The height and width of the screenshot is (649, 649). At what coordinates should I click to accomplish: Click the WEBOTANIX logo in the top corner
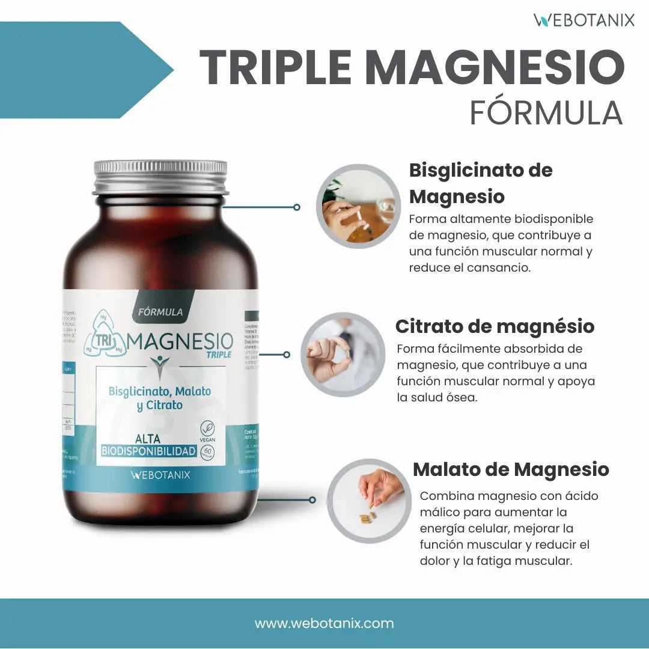[583, 20]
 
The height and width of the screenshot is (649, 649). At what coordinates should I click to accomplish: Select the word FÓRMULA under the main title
[545, 112]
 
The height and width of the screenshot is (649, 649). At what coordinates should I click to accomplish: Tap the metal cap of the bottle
[160, 177]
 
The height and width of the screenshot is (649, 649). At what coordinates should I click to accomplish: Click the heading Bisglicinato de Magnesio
[481, 183]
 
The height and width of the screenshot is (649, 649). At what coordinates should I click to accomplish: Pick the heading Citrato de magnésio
[495, 326]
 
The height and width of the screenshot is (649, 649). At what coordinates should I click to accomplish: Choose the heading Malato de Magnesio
[511, 469]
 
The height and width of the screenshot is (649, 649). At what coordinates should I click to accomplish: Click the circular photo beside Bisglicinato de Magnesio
[358, 206]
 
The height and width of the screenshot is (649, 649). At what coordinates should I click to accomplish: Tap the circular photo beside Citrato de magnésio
[343, 355]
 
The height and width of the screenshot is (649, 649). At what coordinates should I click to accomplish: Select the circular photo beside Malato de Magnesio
[369, 501]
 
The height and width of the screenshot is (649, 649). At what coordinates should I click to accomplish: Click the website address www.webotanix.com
[324, 623]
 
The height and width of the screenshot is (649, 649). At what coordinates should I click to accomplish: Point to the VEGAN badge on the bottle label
[208, 431]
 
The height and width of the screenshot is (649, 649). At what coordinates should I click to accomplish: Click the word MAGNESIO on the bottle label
[180, 343]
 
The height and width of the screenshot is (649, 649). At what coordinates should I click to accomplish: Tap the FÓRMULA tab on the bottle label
[160, 311]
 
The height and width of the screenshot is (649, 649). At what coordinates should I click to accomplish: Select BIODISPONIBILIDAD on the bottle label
[149, 451]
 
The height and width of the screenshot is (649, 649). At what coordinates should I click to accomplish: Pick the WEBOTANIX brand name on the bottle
[160, 475]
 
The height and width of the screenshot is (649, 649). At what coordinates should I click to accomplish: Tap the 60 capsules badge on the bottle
[209, 451]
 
